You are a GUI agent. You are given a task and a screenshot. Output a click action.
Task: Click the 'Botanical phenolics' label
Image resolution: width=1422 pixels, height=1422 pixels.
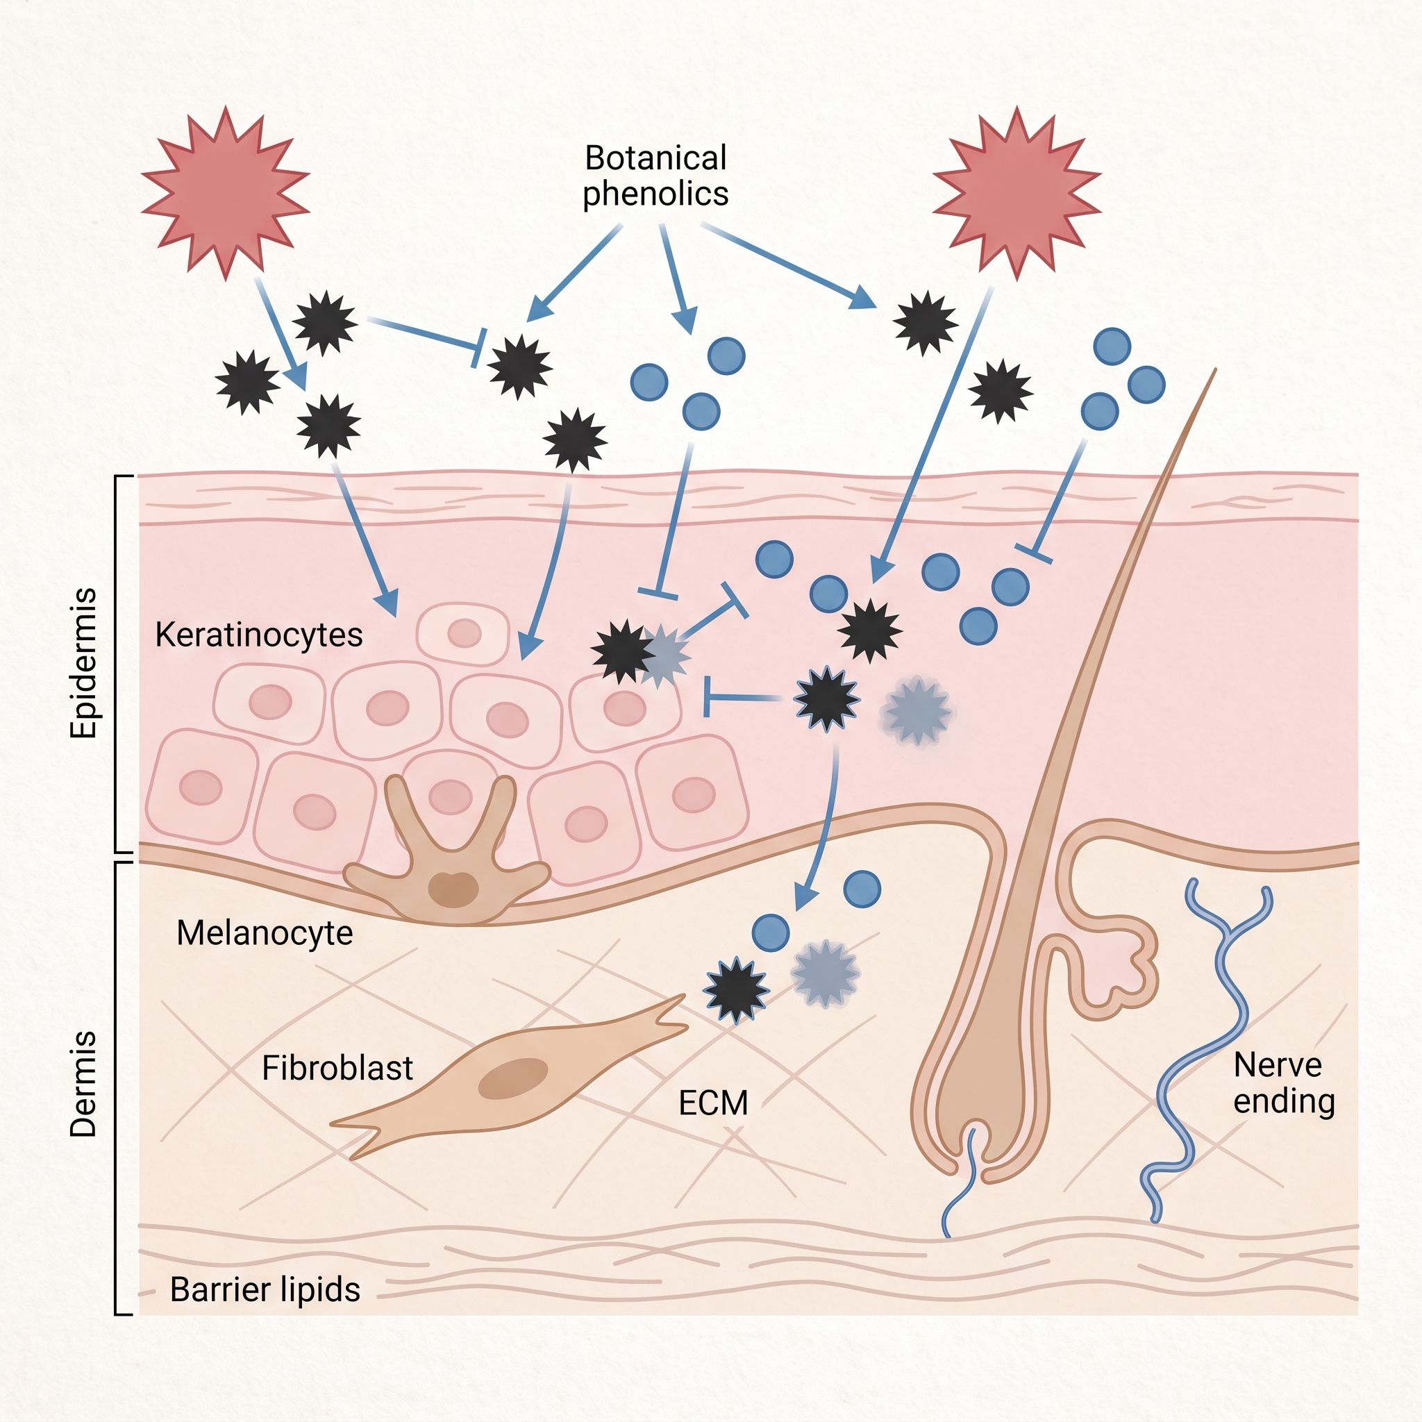[x=655, y=176]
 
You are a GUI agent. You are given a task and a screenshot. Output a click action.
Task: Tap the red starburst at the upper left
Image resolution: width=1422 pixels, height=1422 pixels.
[x=225, y=193]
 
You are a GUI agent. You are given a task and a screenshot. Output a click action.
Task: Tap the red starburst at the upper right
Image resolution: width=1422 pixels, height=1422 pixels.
[x=1017, y=193]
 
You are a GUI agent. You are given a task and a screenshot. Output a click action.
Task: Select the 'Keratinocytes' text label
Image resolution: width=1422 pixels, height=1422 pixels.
[x=259, y=635]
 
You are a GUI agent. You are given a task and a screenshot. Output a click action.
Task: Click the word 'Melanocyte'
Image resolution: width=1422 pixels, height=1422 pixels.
[x=265, y=933]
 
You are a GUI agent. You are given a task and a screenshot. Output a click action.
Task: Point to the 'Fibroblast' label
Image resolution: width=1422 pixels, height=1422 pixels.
[x=337, y=1068]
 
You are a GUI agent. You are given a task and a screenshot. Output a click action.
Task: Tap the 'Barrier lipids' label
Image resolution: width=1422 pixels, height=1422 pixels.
[x=265, y=1289]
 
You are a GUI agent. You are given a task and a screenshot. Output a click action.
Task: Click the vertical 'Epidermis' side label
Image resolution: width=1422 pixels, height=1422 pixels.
[x=83, y=662]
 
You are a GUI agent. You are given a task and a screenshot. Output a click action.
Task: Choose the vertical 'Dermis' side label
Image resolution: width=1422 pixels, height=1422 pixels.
[x=83, y=1084]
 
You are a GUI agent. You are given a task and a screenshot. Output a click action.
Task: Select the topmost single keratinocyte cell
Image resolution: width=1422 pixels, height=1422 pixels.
[x=463, y=634]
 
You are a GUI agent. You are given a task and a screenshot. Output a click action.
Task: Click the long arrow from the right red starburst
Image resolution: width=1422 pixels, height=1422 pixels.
[x=932, y=434]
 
